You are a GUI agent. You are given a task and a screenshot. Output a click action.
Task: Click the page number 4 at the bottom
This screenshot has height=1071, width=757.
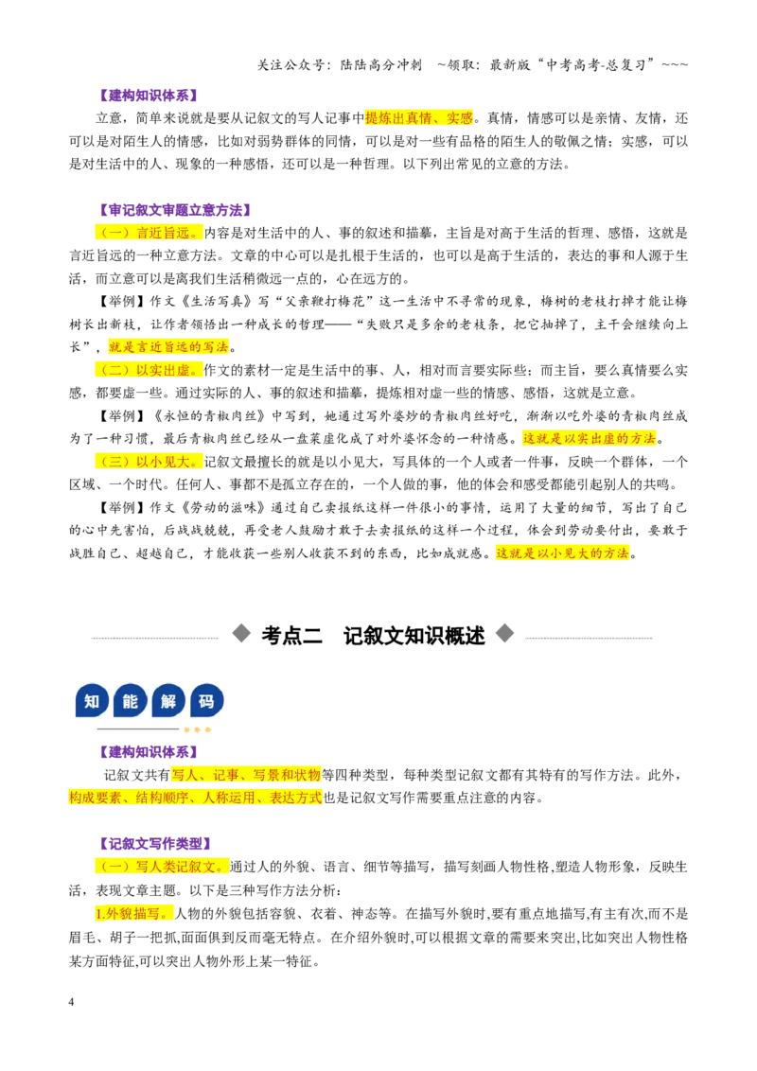(x=71, y=1002)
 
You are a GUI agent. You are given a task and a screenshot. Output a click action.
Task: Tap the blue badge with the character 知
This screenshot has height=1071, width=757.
(x=92, y=701)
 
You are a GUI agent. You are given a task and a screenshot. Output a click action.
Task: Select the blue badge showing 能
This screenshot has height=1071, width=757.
(x=131, y=701)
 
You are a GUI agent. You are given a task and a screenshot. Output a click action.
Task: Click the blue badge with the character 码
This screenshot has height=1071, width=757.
(x=206, y=701)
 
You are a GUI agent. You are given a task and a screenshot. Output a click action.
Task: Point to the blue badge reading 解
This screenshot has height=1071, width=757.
(x=168, y=701)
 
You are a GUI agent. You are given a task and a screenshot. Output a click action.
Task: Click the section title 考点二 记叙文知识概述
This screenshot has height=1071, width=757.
(x=373, y=635)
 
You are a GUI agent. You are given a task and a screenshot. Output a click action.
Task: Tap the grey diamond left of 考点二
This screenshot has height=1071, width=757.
(x=241, y=633)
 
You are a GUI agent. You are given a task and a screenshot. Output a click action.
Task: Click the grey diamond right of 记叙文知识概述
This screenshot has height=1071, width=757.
(x=504, y=633)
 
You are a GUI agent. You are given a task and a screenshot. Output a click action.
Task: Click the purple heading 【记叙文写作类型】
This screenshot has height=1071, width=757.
(x=154, y=844)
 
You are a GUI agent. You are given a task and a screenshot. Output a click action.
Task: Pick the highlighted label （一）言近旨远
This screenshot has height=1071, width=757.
(x=149, y=233)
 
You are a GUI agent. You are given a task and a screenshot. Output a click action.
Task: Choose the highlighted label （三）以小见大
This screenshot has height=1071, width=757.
(x=149, y=462)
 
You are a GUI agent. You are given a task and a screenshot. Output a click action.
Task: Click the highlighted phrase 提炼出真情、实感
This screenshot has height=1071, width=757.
(x=419, y=118)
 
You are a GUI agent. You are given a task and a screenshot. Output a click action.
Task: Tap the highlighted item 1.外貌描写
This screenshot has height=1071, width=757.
(x=134, y=913)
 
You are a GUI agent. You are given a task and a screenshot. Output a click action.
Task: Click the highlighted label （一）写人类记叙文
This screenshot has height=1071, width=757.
(x=162, y=867)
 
